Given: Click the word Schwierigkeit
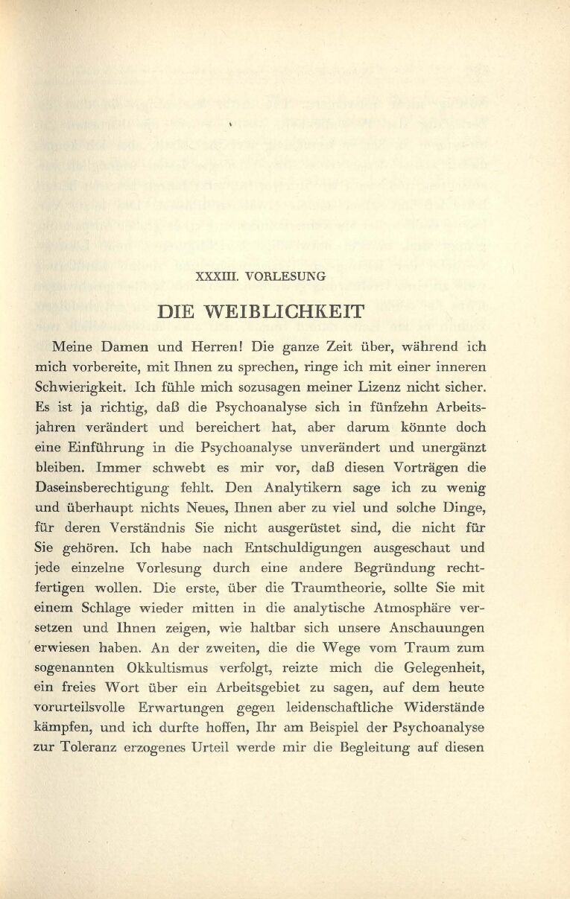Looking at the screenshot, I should [81, 387].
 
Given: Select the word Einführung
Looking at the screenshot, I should [110, 448].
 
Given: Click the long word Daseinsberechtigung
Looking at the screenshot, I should [112, 488].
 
